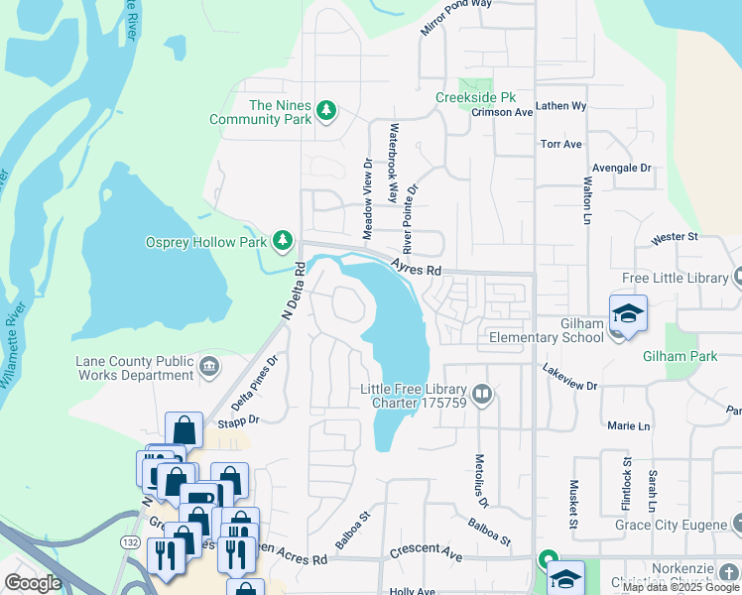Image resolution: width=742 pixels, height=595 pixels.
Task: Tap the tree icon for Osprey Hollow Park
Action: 284,241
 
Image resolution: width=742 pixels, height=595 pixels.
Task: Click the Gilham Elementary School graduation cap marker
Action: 628,314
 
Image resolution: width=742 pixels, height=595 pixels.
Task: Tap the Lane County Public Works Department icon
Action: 209,368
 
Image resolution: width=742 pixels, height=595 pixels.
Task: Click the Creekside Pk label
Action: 475,98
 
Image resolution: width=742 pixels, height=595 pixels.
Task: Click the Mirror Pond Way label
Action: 455,18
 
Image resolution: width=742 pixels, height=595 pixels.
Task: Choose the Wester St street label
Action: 675,238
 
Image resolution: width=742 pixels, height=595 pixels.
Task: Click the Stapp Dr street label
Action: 238,420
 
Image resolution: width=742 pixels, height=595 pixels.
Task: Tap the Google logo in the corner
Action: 33,583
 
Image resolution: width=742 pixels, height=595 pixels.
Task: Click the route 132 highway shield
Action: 129,544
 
